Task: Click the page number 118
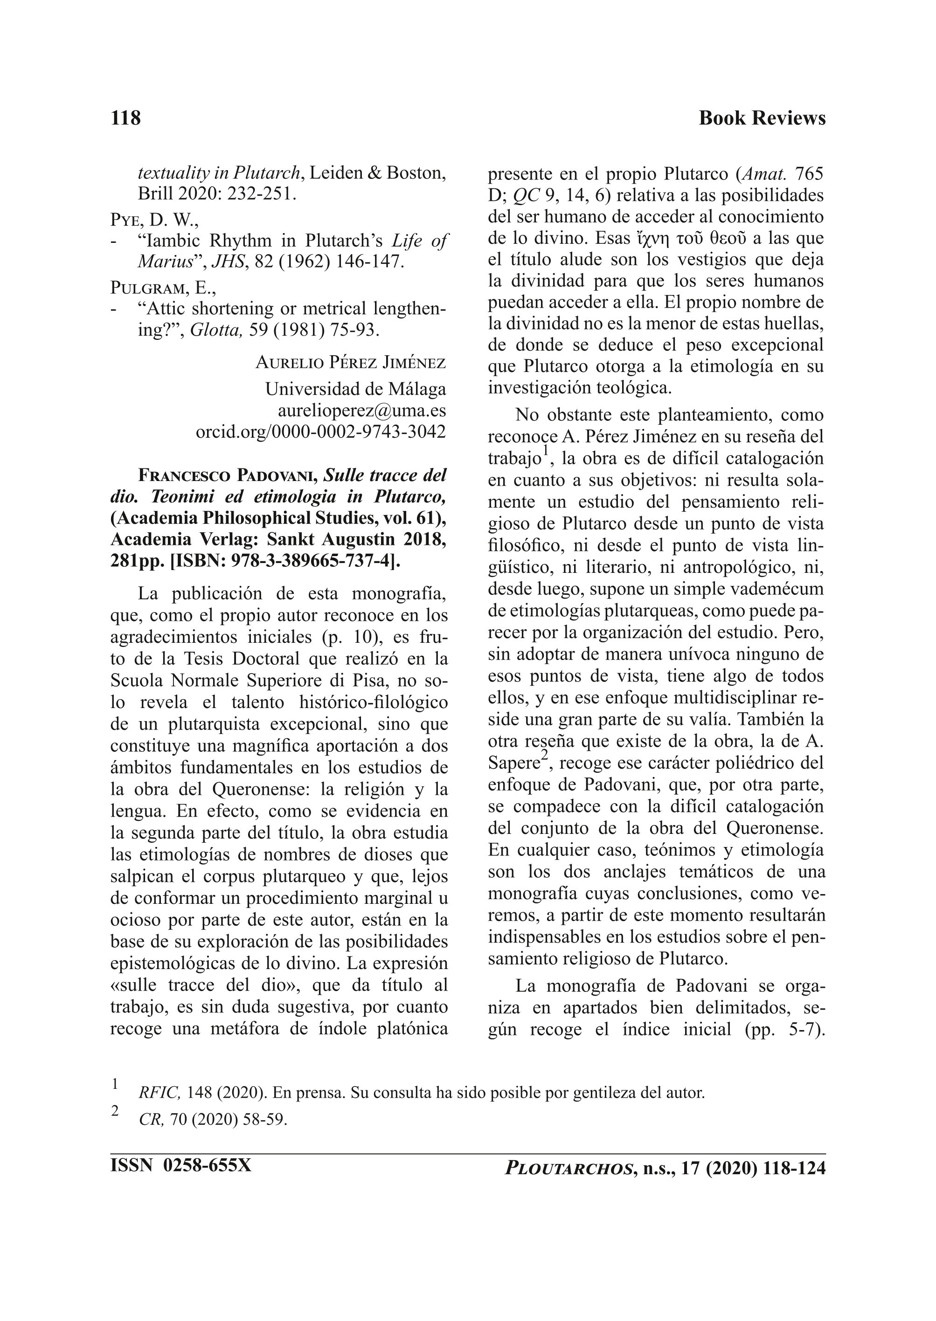coord(125,118)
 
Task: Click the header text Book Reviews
coord(762,118)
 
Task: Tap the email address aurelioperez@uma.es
coord(361,411)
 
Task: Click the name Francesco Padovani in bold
coord(228,476)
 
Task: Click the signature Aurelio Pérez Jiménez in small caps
coord(350,363)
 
